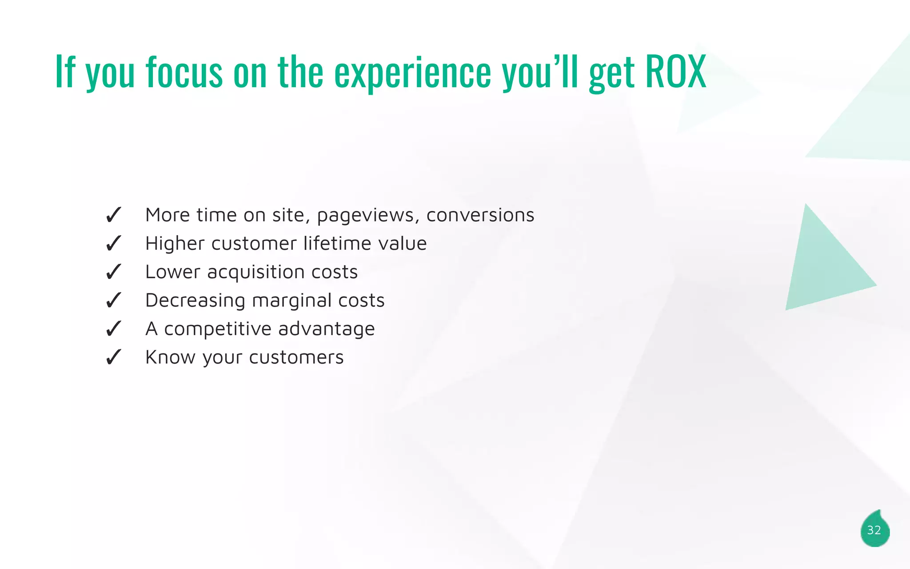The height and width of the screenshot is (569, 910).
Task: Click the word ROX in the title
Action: point(675,71)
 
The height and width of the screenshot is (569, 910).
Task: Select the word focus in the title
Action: point(184,72)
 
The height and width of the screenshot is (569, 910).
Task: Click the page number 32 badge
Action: point(874,530)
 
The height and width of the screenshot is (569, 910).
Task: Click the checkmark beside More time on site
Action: point(113,215)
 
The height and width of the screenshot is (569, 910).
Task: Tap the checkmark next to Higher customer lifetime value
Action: point(113,244)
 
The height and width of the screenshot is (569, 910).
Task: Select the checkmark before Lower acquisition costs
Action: point(113,272)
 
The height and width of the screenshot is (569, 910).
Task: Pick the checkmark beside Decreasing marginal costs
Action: point(113,301)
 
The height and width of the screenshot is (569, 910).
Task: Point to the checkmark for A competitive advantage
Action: point(113,329)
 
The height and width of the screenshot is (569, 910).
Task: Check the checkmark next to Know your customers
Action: point(113,357)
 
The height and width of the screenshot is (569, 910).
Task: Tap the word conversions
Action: point(480,215)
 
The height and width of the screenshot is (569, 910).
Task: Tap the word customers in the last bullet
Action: point(296,357)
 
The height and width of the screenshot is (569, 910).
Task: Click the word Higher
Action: point(175,244)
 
